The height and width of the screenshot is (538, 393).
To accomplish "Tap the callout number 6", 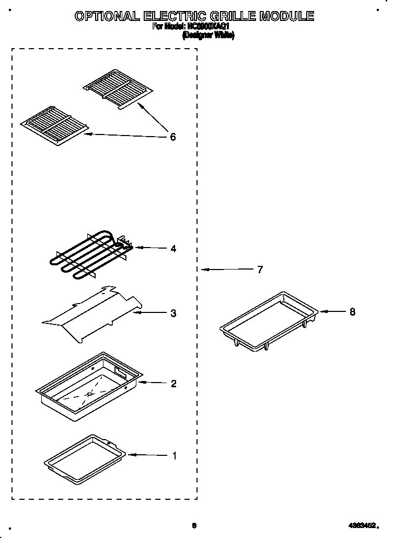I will pyautogui.click(x=172, y=138).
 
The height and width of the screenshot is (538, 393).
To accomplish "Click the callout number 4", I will pyautogui.click(x=173, y=249).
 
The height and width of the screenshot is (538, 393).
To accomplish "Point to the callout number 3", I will pyautogui.click(x=173, y=313).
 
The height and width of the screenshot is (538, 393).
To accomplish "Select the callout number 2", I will pyautogui.click(x=173, y=384).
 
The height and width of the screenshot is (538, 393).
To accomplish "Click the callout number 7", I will pyautogui.click(x=260, y=270).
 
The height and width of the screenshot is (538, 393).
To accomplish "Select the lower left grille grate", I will pyautogui.click(x=55, y=125).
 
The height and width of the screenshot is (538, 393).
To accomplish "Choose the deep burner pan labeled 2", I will pyautogui.click(x=89, y=387).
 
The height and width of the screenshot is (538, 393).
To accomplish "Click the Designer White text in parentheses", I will pyautogui.click(x=208, y=36).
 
